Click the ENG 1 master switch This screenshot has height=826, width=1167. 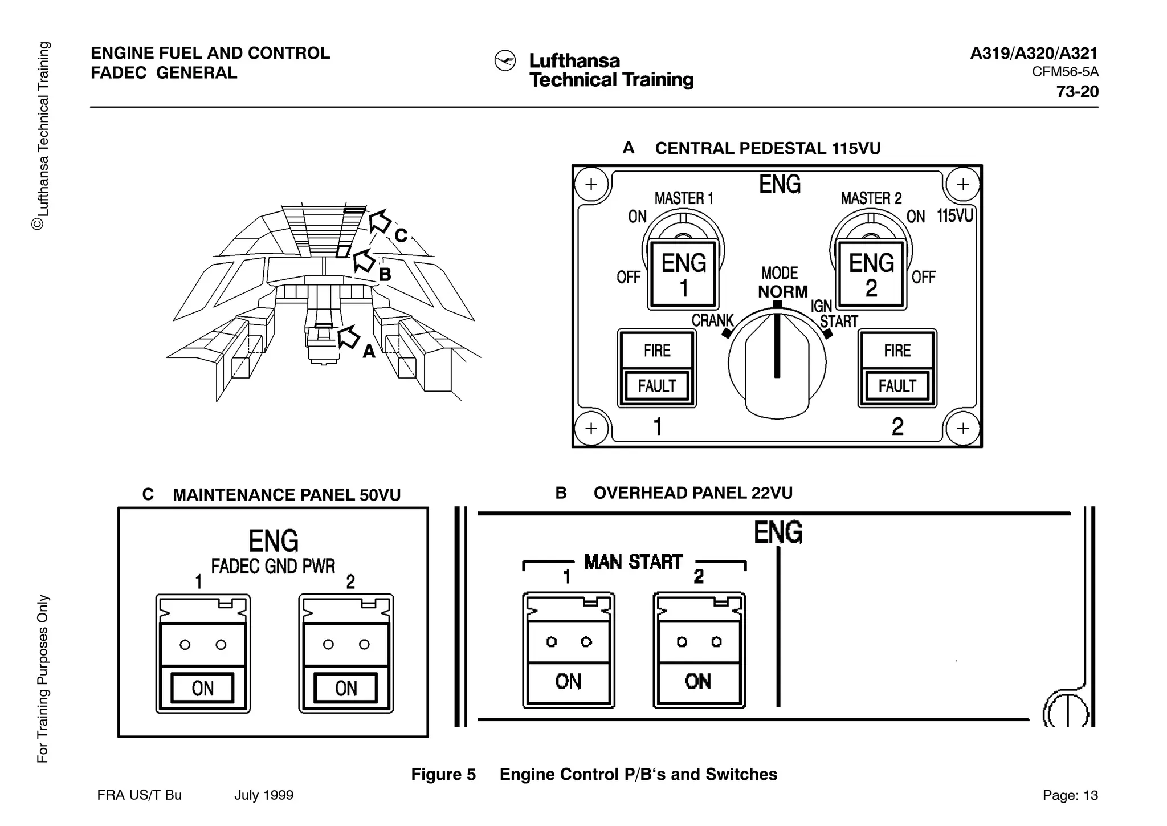click(x=683, y=275)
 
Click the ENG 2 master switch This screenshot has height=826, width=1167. click(x=871, y=275)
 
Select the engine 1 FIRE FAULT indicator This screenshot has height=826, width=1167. click(x=657, y=368)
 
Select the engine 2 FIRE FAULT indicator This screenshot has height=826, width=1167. click(x=897, y=368)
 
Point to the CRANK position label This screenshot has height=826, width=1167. click(x=712, y=321)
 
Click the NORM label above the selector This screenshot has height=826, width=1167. click(x=782, y=292)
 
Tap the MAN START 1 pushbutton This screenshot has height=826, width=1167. click(x=568, y=650)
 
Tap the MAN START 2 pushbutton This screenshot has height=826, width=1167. click(x=699, y=650)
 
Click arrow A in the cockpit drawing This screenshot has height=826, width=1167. click(x=349, y=337)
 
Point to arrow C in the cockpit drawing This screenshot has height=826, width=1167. click(x=380, y=221)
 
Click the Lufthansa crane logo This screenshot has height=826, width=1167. click(x=505, y=61)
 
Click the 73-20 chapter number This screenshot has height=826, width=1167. click(x=1077, y=92)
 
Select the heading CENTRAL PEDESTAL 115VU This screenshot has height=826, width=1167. click(x=767, y=149)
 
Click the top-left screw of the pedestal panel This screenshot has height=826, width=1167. click(x=591, y=184)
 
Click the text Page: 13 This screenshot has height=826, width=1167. click(x=1070, y=795)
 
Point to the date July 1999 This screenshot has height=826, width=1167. click(x=264, y=795)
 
